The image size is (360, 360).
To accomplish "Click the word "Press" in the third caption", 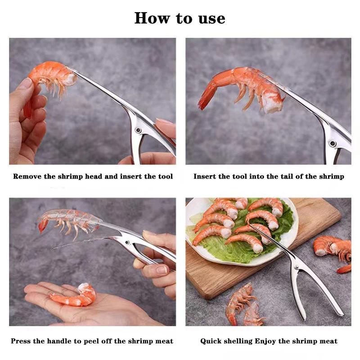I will (21, 341).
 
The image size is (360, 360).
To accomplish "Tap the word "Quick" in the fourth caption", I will (211, 341).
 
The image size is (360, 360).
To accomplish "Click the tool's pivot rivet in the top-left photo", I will (138, 130).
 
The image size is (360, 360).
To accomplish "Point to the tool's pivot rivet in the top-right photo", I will (333, 144).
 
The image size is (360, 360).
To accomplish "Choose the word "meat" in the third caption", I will (164, 341).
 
